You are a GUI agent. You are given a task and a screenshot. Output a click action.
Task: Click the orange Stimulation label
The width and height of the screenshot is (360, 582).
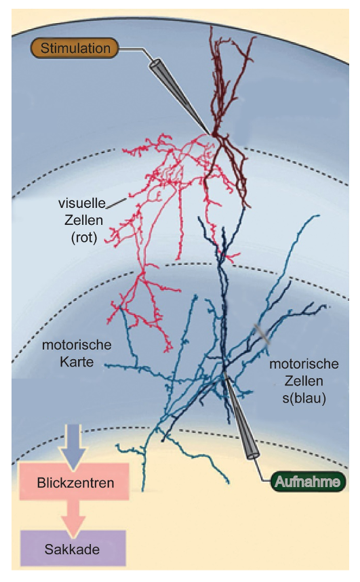pyautogui.click(x=75, y=48)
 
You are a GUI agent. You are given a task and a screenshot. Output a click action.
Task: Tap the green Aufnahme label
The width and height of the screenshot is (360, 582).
pyautogui.click(x=308, y=482)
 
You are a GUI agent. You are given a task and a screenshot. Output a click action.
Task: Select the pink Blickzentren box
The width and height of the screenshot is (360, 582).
pyautogui.click(x=75, y=482)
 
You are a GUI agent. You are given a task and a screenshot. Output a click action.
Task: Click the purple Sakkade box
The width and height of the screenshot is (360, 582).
pyautogui.click(x=73, y=549)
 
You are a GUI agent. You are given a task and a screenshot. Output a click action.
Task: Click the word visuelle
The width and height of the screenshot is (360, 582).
pyautogui.click(x=82, y=203)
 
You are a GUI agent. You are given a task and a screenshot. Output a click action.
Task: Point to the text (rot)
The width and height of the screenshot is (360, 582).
pyautogui.click(x=84, y=237)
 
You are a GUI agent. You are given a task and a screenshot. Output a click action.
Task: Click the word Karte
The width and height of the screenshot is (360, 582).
pyautogui.click(x=77, y=362)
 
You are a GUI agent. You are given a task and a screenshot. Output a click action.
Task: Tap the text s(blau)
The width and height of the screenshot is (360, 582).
pyautogui.click(x=304, y=398)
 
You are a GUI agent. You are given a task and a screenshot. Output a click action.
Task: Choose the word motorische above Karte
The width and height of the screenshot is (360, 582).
pyautogui.click(x=77, y=345)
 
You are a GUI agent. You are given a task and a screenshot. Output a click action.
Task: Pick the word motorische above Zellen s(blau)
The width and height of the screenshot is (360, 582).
pyautogui.click(x=304, y=364)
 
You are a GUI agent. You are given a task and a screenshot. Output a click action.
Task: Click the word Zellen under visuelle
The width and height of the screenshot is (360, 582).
pyautogui.click(x=83, y=220)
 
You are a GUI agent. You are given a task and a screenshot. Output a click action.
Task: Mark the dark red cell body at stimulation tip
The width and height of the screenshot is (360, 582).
pyautogui.click(x=214, y=133)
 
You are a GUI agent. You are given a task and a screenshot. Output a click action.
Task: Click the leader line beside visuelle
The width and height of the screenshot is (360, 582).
pyautogui.click(x=117, y=203)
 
